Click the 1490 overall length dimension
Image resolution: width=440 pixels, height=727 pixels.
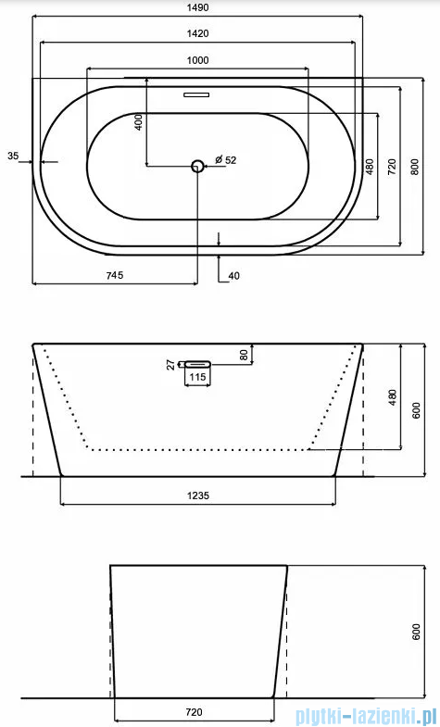tap(196, 7)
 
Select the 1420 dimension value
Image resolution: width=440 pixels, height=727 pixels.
tap(196, 33)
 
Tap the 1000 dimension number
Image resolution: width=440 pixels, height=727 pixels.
tap(196, 60)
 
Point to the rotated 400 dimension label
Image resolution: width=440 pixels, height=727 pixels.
tap(138, 121)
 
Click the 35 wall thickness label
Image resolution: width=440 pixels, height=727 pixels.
tap(12, 156)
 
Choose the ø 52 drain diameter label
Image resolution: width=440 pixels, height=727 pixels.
tap(226, 160)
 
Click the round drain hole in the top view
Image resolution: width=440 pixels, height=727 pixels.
tap(197, 166)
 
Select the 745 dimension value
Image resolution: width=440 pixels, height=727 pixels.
tap(114, 275)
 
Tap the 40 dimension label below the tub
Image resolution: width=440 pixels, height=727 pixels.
tap(233, 275)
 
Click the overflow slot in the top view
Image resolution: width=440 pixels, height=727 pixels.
tap(197, 94)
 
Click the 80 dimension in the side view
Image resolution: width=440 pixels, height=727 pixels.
tap(244, 355)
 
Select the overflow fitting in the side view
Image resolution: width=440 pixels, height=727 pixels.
tap(197, 364)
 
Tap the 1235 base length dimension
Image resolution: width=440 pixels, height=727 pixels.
tap(197, 495)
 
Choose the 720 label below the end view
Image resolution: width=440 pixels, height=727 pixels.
tap(195, 714)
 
